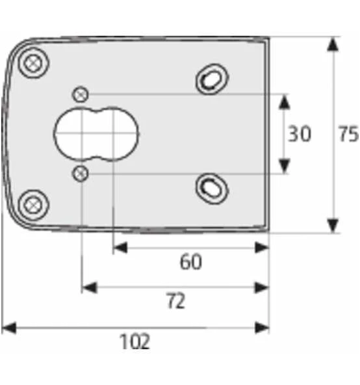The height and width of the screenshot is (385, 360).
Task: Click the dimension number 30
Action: (x=300, y=134)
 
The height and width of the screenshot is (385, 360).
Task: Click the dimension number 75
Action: (x=348, y=134)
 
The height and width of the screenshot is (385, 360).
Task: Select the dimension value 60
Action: (x=190, y=262)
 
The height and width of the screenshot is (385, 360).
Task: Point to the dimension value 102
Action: (x=135, y=341)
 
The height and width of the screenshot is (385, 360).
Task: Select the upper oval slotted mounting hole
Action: (x=212, y=79)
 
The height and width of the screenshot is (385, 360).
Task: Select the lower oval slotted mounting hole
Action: (x=212, y=187)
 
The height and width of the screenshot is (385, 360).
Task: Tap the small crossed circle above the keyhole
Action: (x=81, y=94)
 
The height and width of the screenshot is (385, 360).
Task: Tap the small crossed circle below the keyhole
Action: (x=81, y=174)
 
